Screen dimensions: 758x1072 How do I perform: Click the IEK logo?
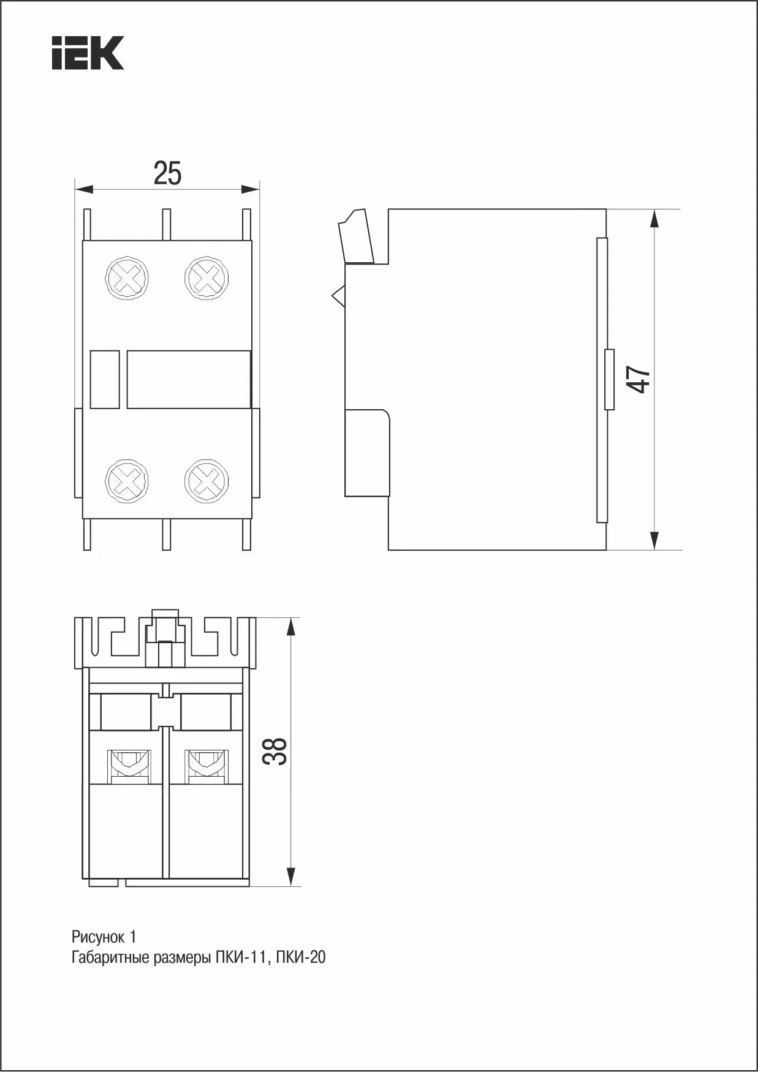point(88,53)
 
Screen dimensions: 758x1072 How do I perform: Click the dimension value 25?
point(167,173)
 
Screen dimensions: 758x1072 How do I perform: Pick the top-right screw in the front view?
point(207,279)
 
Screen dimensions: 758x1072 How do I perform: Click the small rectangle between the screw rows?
point(105,379)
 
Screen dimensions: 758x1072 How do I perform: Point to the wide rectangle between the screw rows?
point(189,379)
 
